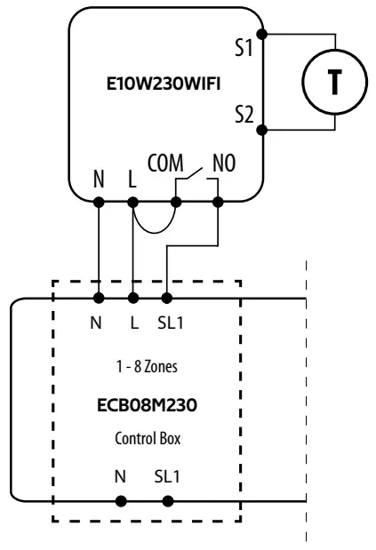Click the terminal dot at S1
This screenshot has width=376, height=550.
pos(261,36)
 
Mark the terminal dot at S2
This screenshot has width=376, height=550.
pos(261,130)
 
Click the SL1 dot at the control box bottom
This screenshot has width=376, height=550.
pos(168,500)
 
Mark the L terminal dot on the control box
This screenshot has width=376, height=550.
pos(133,299)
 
